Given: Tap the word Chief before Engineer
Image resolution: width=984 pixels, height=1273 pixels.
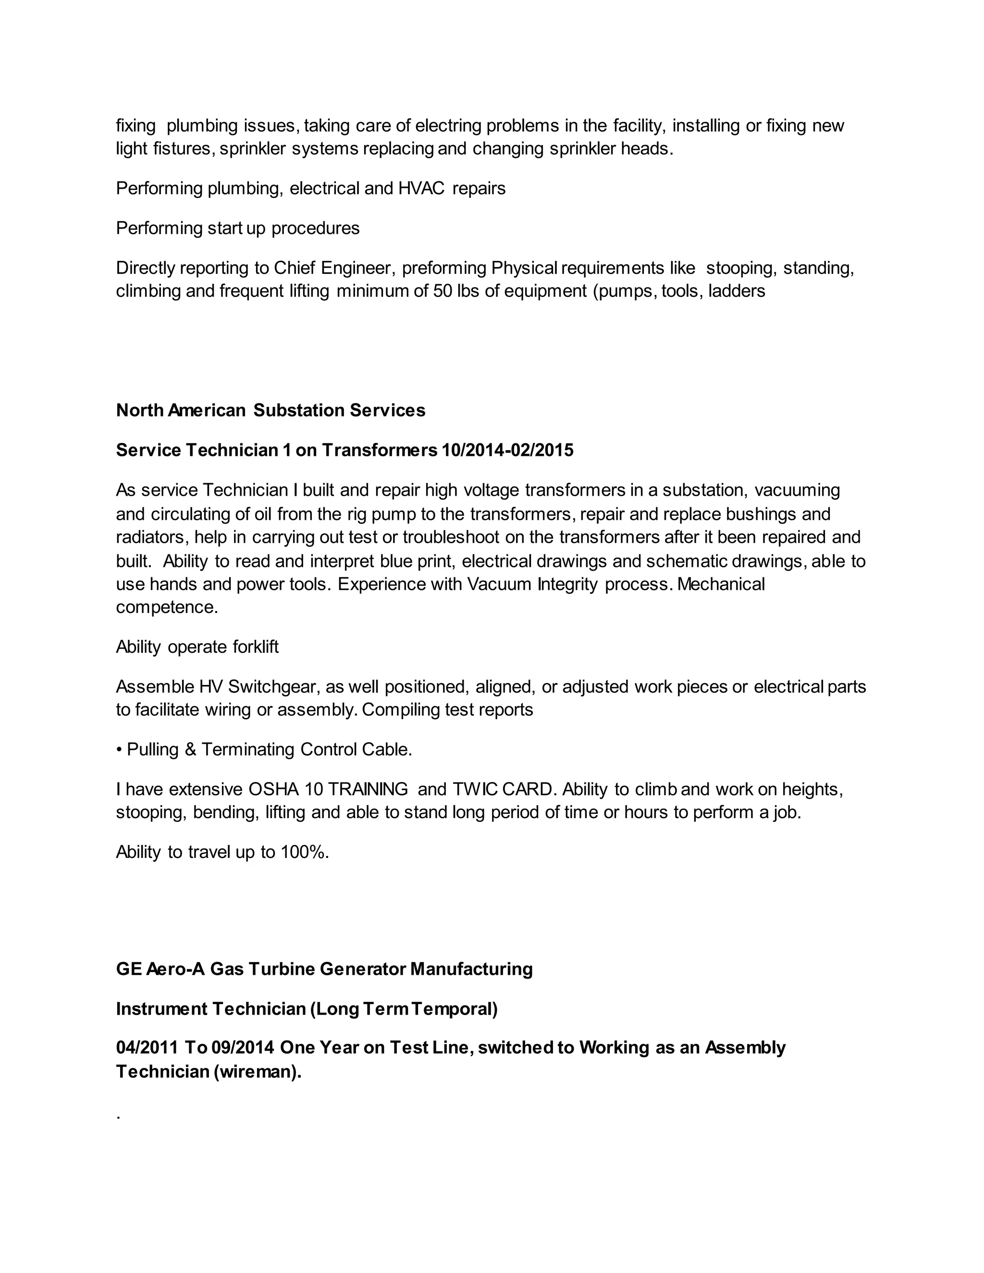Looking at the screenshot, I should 295,268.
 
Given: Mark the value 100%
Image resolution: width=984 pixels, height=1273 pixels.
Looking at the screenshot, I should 304,852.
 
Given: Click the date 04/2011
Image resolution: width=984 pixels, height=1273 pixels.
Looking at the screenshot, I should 147,1048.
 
